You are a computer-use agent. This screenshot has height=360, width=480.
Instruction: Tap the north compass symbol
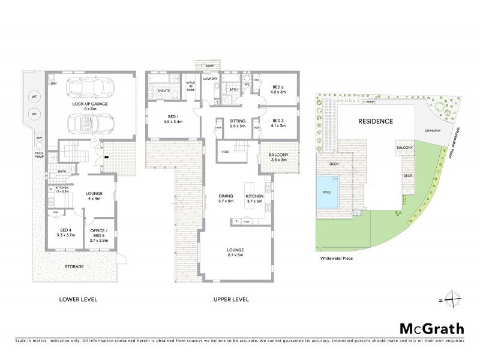[x=454, y=300]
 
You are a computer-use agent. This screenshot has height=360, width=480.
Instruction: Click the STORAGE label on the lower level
[x=74, y=266]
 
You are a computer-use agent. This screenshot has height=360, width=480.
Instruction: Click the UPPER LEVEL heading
[x=230, y=299]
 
